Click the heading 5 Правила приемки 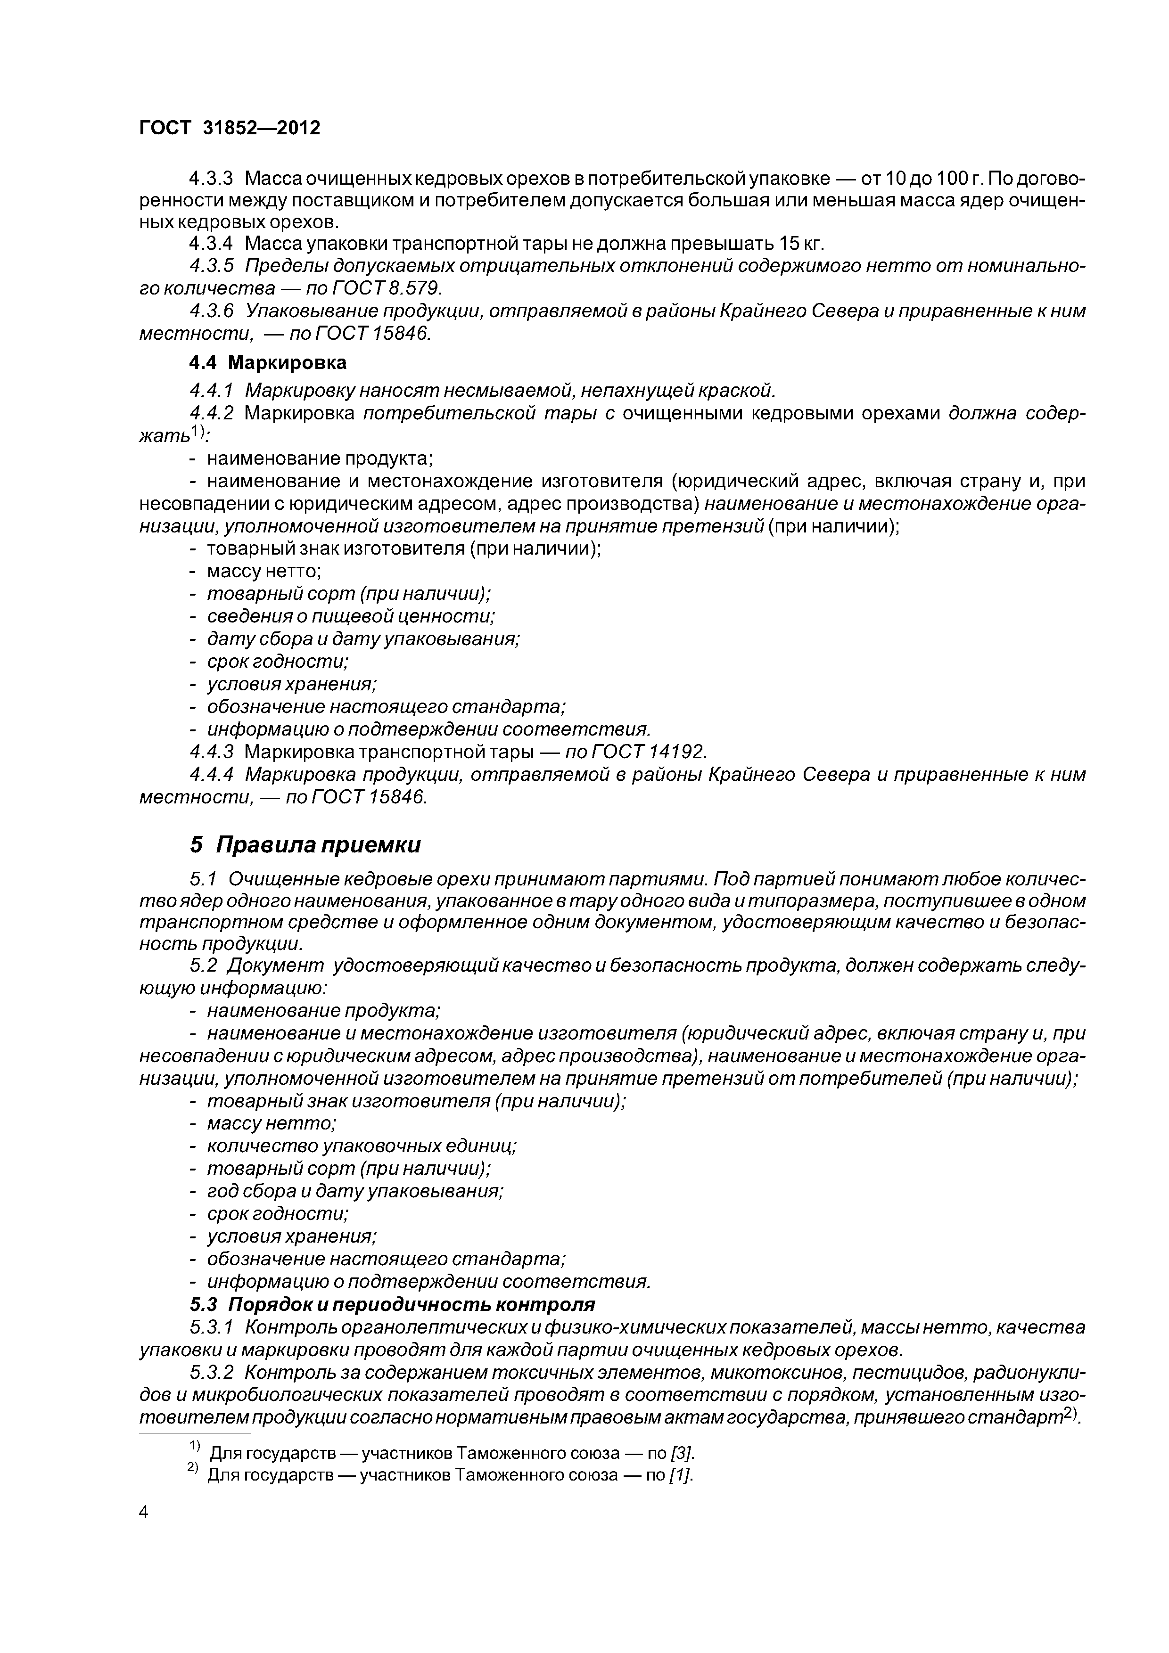(x=305, y=844)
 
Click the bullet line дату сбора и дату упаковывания (x=362, y=638)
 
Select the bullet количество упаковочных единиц (x=362, y=1146)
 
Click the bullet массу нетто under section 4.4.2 (x=263, y=571)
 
